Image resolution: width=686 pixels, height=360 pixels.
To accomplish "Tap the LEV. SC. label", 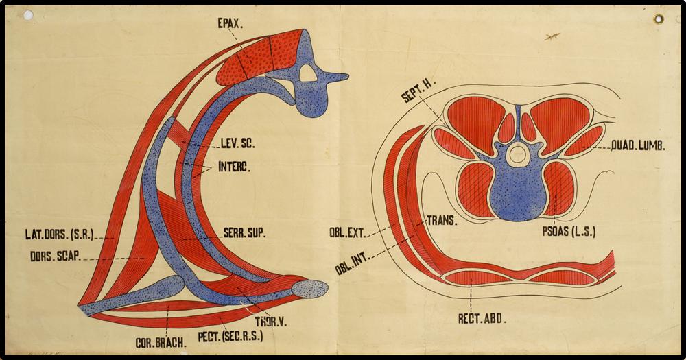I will [x=237, y=144].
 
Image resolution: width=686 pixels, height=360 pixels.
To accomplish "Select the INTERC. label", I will [x=235, y=166].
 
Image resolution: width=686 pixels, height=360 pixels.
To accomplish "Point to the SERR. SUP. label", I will [x=244, y=232].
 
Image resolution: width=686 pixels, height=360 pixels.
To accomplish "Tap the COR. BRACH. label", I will [x=160, y=341].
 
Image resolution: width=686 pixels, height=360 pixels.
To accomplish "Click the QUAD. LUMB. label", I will [x=638, y=146].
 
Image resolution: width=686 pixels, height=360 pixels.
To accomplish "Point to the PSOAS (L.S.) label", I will [x=569, y=232].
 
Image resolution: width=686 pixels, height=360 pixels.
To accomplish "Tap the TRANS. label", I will [x=443, y=221].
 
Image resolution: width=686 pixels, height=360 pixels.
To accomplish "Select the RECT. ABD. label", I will [x=482, y=318].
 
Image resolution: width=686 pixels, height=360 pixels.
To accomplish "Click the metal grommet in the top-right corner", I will [x=659, y=19].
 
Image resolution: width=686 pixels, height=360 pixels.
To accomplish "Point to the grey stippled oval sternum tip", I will [x=311, y=288].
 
